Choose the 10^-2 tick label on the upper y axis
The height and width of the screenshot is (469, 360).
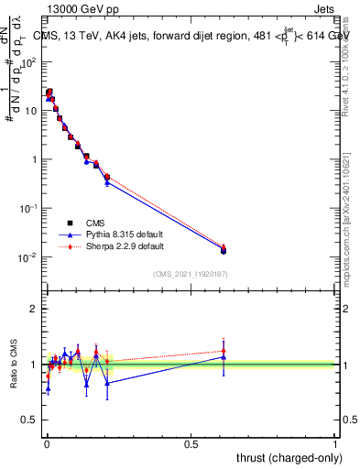coord(27,257)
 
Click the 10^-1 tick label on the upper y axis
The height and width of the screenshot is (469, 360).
coord(27,208)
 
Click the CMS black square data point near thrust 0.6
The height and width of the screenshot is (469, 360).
coord(224,250)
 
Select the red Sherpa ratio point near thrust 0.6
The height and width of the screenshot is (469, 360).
coord(224,351)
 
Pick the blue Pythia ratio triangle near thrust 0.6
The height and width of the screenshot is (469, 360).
coord(224,357)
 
